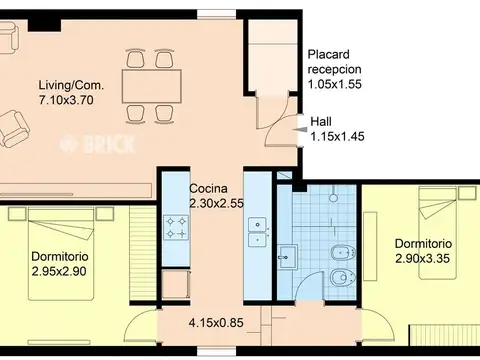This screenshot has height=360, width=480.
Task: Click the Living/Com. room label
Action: [72, 85]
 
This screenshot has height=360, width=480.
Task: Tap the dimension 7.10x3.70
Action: [66, 100]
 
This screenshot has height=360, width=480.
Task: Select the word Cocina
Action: [209, 189]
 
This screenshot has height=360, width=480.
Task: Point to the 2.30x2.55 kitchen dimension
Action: [217, 203]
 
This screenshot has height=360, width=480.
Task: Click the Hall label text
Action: [321, 122]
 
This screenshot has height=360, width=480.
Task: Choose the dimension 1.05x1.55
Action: [335, 84]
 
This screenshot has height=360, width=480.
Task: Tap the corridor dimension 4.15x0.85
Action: [216, 323]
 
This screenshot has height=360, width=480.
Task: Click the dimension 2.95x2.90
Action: [59, 271]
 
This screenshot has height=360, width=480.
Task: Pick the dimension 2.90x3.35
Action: [423, 258]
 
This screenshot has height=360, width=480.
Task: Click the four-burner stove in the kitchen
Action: [176, 227]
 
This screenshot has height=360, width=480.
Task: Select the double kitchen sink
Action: [257, 232]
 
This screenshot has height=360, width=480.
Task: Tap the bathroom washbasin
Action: [287, 257]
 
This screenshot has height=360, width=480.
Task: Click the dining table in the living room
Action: [152, 86]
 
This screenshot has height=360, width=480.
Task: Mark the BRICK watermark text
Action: [98, 144]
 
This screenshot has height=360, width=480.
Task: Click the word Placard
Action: [324, 54]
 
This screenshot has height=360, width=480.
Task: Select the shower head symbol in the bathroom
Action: [333, 196]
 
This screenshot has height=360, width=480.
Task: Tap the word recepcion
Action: [334, 69]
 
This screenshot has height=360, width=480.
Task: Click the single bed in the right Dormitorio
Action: [437, 233]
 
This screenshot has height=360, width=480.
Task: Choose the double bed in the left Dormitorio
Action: [61, 253]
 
